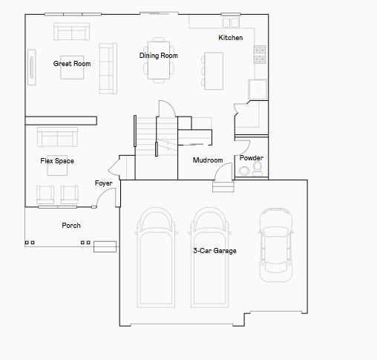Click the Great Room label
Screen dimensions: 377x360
(x=72, y=64)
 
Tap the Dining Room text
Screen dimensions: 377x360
(x=159, y=56)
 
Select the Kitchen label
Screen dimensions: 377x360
(x=231, y=38)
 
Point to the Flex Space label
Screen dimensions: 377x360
(x=57, y=161)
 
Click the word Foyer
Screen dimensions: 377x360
(x=104, y=183)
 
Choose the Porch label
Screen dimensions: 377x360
(x=71, y=226)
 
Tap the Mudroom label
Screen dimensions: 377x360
(x=208, y=160)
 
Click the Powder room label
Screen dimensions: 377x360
(x=252, y=158)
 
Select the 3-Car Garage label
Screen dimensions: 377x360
(x=214, y=251)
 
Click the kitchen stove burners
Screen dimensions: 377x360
(x=260, y=54)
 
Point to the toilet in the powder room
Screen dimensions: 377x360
(x=258, y=168)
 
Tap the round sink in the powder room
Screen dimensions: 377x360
(x=244, y=171)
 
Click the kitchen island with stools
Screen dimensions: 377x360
(x=212, y=71)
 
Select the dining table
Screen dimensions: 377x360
(x=159, y=60)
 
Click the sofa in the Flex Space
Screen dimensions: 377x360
(x=57, y=137)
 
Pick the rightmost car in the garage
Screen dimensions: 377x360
(x=276, y=245)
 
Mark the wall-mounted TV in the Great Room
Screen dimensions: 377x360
(x=32, y=68)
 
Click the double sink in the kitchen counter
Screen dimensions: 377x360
(x=231, y=22)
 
